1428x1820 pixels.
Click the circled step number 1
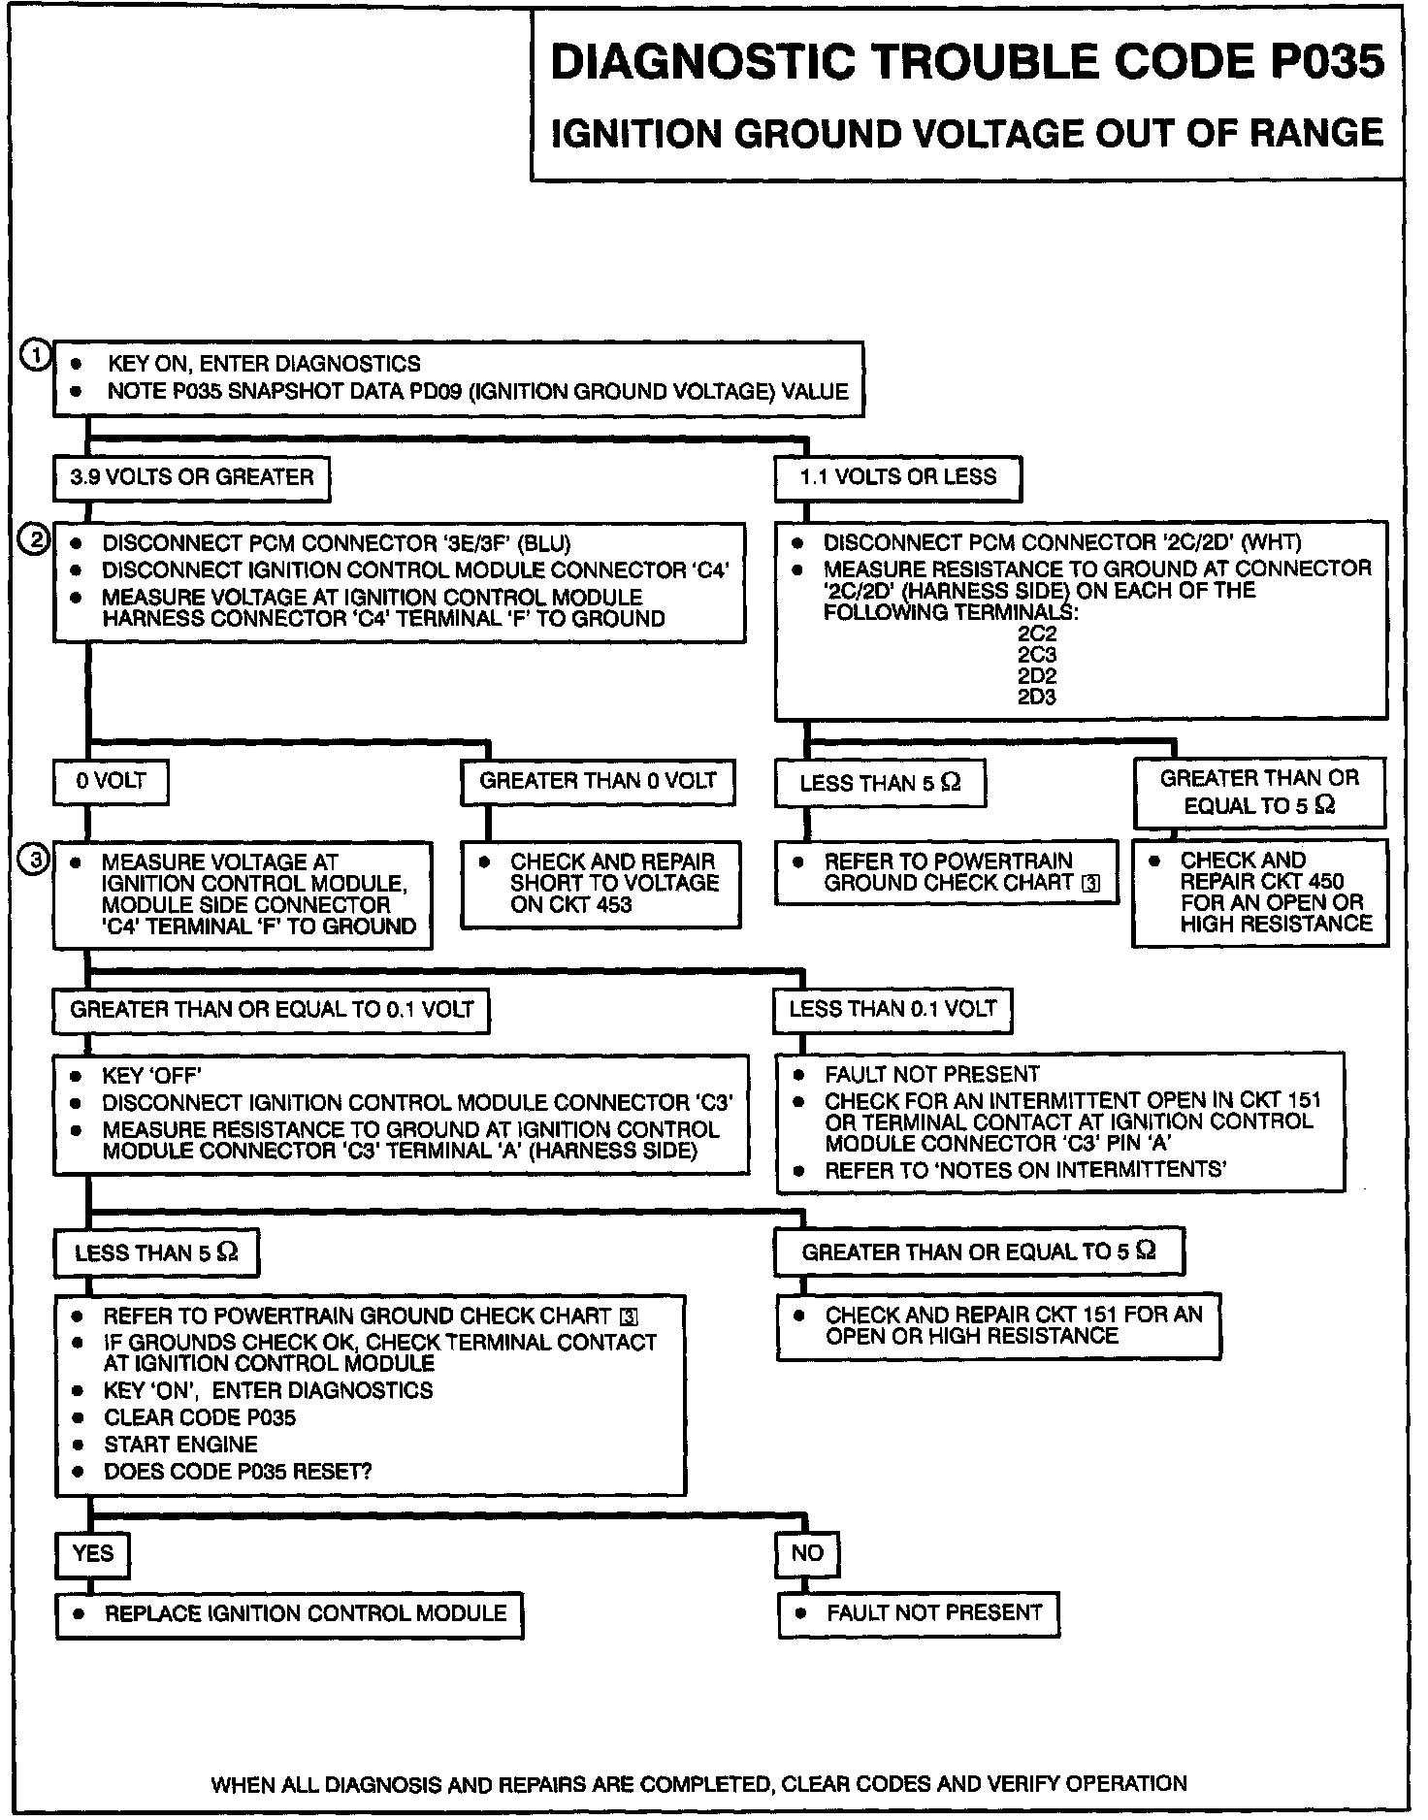pos(35,356)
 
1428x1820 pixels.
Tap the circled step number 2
pos(35,539)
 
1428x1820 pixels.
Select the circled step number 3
pos(35,860)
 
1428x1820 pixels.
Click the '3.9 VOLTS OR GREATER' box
pos(191,477)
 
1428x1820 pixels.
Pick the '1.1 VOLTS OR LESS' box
pos(897,477)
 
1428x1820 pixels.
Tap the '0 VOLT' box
pos(111,781)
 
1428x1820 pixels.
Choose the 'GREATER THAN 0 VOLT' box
pos(598,781)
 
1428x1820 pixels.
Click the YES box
pos(93,1553)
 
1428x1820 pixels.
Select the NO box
pos(807,1553)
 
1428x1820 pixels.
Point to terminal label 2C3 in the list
pos(1036,655)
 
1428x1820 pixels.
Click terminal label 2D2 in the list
pos(1036,676)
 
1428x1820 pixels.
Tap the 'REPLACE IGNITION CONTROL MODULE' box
pos(289,1613)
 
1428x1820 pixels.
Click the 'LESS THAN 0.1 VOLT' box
pos(892,1009)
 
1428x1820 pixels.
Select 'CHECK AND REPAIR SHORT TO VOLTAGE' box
pos(600,884)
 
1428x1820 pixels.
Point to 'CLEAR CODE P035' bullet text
pos(200,1417)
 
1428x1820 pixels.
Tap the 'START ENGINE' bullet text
pos(180,1445)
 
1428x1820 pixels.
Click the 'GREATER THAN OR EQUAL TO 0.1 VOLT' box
pos(271,1010)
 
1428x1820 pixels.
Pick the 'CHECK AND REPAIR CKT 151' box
pos(998,1325)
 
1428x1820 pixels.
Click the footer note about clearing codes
pos(698,1783)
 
